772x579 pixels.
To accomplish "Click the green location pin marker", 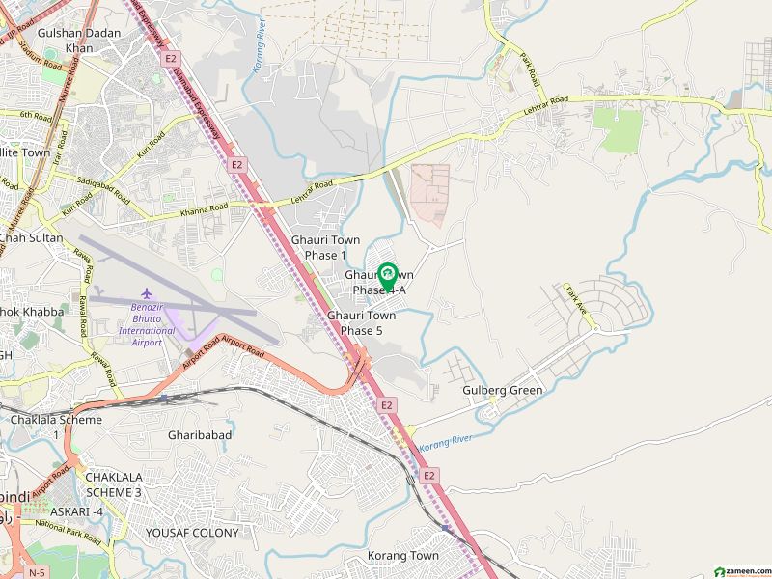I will point(387,276).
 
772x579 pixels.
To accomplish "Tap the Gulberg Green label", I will point(503,391).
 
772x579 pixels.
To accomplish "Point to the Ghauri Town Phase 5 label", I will point(362,322).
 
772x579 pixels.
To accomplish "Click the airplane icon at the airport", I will point(147,292).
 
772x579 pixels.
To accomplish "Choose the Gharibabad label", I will point(200,435).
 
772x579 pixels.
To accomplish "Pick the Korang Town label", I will point(402,556).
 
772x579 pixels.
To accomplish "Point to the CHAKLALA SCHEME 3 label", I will point(114,484).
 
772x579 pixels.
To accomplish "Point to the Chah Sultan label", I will point(31,238).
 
